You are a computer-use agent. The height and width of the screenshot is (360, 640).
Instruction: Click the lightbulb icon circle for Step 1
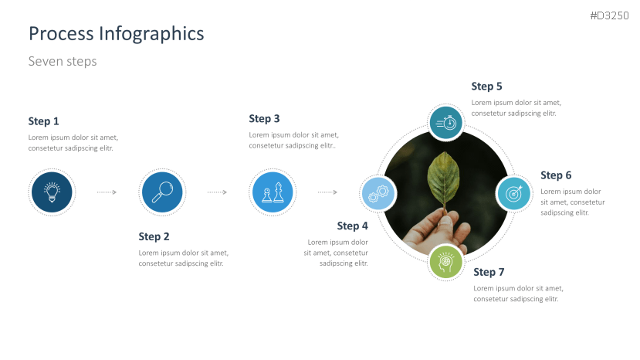[x=52, y=192]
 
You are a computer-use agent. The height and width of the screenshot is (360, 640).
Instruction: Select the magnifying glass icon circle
[x=162, y=192]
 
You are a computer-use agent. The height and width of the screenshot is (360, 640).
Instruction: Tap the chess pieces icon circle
[x=273, y=192]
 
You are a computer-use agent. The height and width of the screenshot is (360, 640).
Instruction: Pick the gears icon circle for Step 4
[x=378, y=193]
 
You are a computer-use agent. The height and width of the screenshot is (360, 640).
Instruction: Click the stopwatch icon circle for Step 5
[x=445, y=122]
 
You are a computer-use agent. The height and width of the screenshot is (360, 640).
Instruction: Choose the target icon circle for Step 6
[x=513, y=193]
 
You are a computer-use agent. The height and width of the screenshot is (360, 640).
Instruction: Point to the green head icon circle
[x=445, y=262]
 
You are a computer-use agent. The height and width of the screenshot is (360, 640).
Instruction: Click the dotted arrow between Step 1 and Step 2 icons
[x=107, y=192]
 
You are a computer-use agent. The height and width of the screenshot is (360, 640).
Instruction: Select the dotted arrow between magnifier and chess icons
[x=217, y=192]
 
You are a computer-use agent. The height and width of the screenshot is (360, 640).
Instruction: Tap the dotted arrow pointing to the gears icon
[x=327, y=192]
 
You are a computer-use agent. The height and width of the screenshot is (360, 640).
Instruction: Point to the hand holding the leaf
[x=437, y=231]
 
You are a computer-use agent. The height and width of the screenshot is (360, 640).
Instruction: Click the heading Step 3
[x=264, y=119]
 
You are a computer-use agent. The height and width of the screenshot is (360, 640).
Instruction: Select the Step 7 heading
[x=489, y=272]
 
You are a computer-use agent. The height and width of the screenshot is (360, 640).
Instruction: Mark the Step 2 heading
[x=154, y=237]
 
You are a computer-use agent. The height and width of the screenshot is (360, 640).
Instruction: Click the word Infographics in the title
[x=151, y=34]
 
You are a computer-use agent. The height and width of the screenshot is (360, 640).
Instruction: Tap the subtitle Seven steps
[x=63, y=61]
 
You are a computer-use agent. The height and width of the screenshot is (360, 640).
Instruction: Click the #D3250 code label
[x=609, y=16]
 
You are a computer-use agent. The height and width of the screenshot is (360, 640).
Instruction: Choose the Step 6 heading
[x=556, y=175]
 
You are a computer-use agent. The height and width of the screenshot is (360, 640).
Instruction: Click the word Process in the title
[x=61, y=33]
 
